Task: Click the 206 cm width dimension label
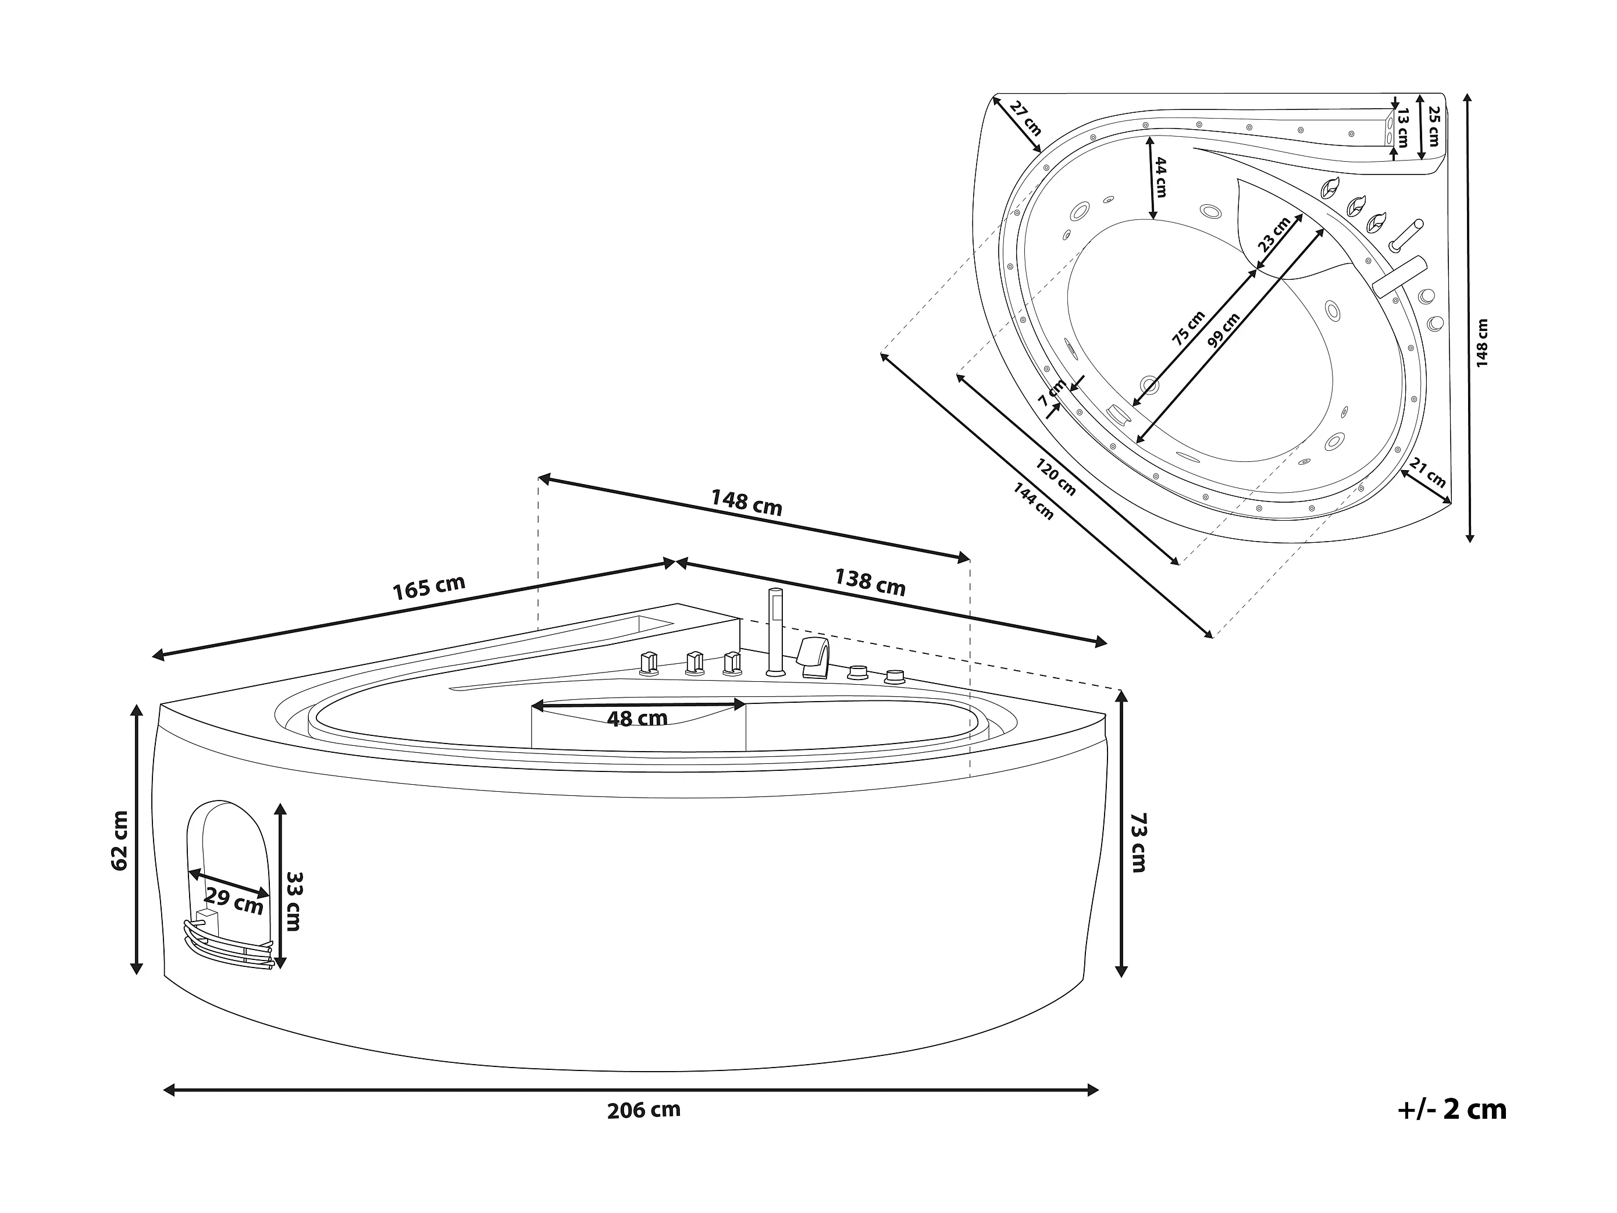pyautogui.click(x=643, y=1111)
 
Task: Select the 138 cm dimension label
pyautogui.click(x=870, y=582)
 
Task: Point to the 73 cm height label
pyautogui.click(x=1138, y=842)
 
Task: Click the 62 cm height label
pyautogui.click(x=120, y=841)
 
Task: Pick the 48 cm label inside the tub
pyautogui.click(x=637, y=718)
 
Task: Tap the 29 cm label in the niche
pyautogui.click(x=233, y=900)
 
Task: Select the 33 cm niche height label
pyautogui.click(x=293, y=901)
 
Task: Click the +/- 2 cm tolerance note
pyautogui.click(x=1452, y=1110)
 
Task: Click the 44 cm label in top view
pyautogui.click(x=1160, y=177)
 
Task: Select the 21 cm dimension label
pyautogui.click(x=1427, y=472)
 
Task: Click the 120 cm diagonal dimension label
pyautogui.click(x=1055, y=476)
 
